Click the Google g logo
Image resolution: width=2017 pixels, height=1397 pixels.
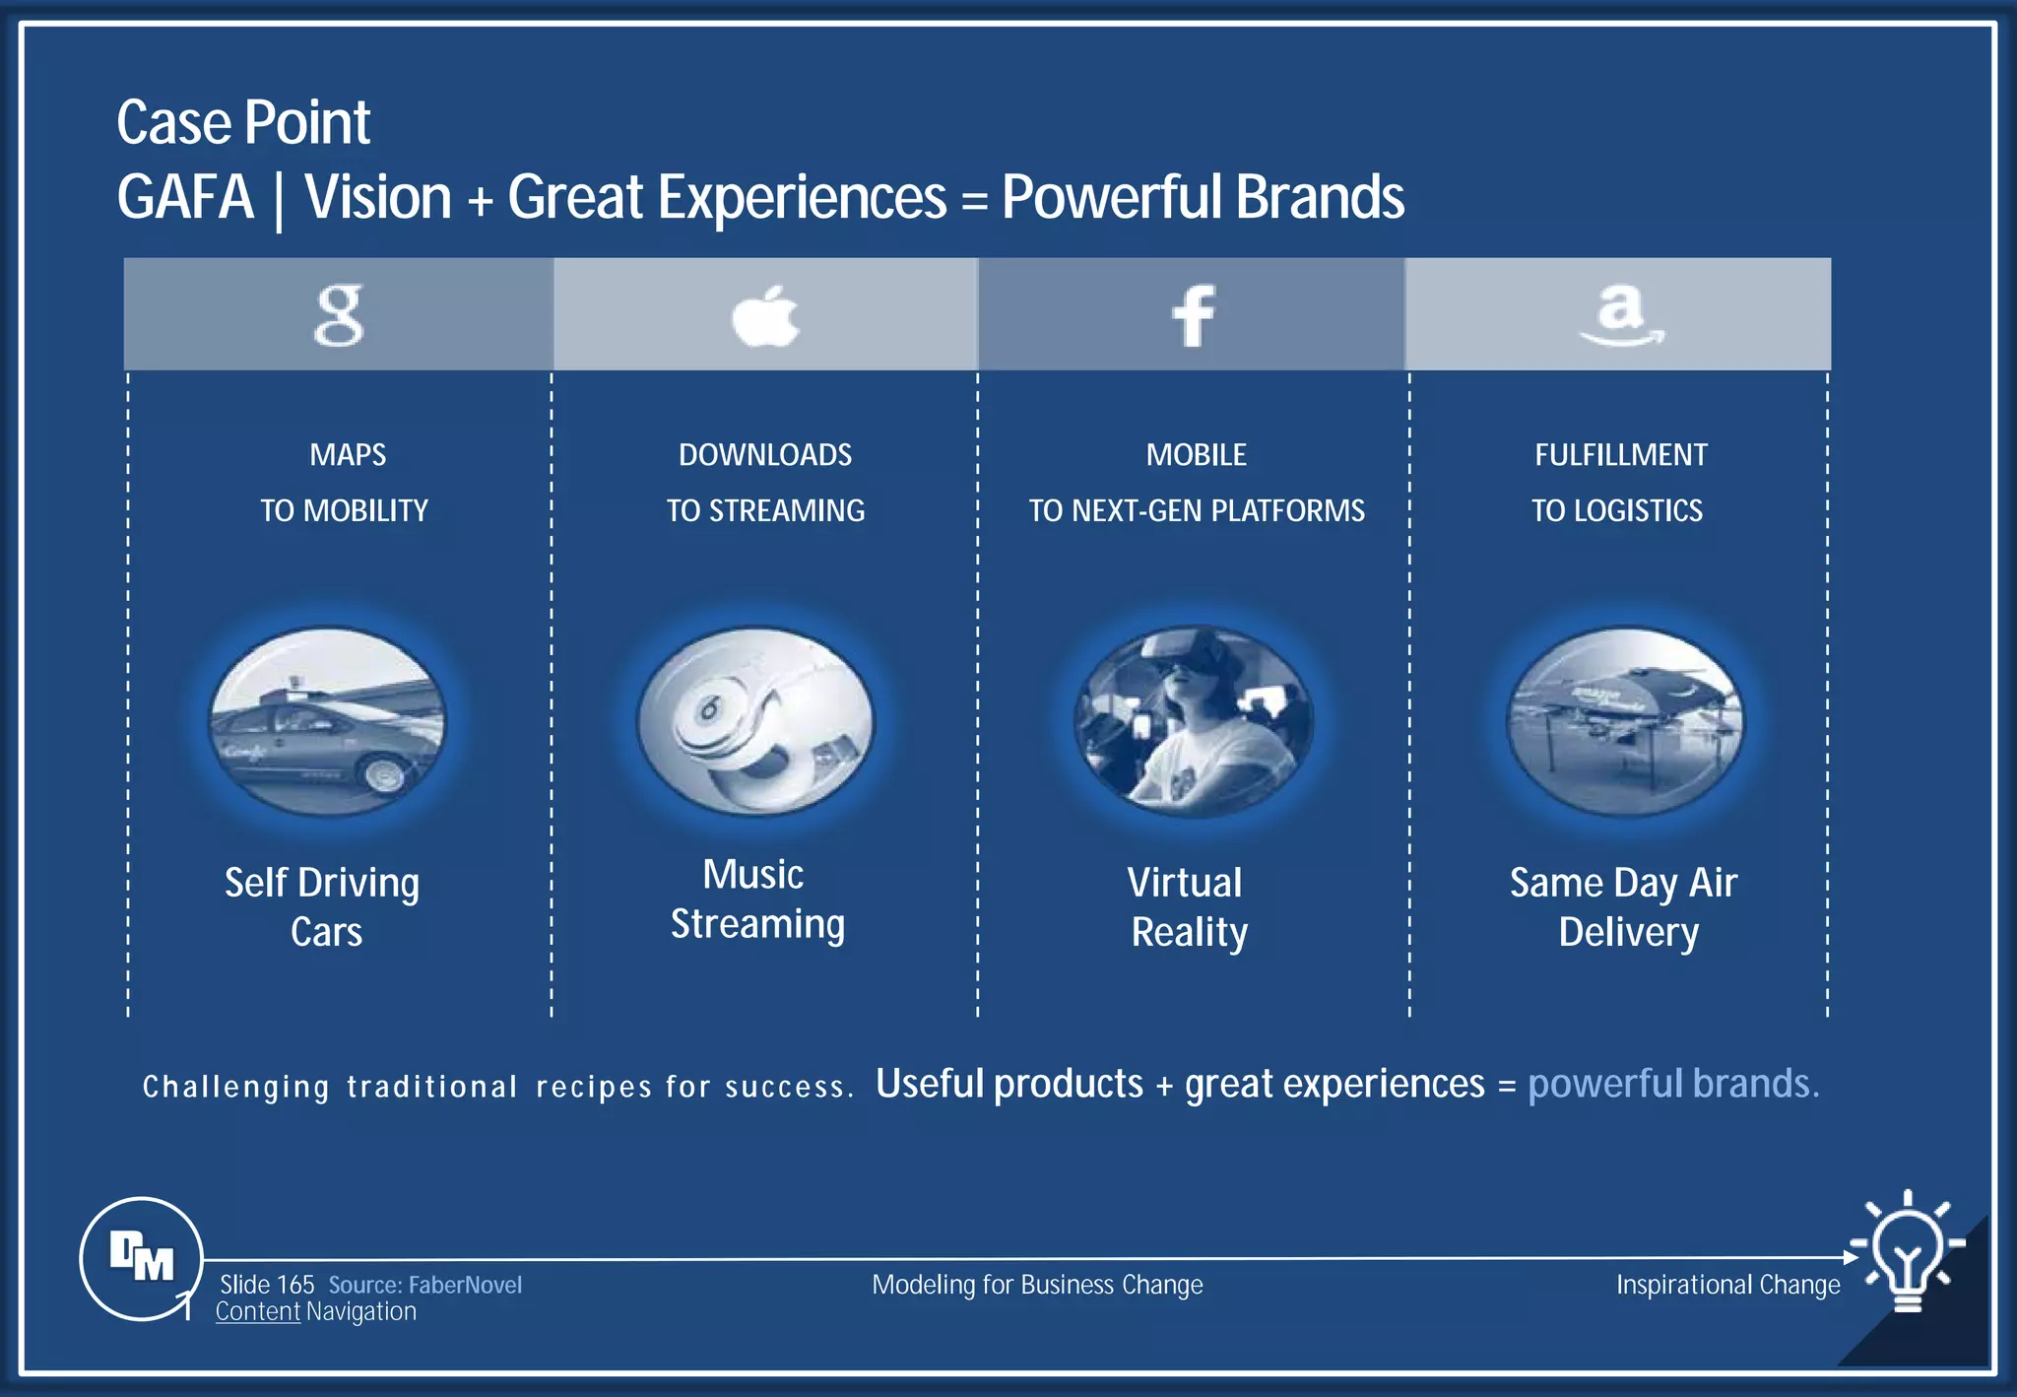tap(339, 315)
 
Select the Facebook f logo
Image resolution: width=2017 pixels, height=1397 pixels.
tap(1193, 316)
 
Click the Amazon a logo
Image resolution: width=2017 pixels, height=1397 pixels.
tap(1621, 314)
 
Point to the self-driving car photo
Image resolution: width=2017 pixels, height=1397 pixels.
tap(327, 722)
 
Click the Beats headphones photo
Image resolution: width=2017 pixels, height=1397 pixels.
tap(755, 722)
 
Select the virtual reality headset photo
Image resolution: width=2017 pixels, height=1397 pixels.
tap(1193, 722)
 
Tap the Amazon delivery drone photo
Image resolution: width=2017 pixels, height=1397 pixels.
tap(1625, 722)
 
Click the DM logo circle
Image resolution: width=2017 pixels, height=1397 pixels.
tap(141, 1258)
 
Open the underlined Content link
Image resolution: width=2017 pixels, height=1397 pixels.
tap(258, 1312)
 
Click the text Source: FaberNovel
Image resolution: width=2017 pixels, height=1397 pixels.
tap(424, 1285)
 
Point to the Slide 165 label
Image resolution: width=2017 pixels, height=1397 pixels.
tap(267, 1285)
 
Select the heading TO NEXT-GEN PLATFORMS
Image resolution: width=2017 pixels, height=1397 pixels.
tap(1197, 510)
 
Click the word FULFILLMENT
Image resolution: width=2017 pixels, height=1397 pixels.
tap(1620, 455)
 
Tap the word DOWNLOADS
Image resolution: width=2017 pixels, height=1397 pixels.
tap(765, 455)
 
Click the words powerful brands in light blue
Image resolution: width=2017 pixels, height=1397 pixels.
tap(1672, 1084)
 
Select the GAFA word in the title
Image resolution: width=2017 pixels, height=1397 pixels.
tap(185, 197)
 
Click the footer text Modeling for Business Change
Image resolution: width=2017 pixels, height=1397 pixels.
tap(1037, 1285)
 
